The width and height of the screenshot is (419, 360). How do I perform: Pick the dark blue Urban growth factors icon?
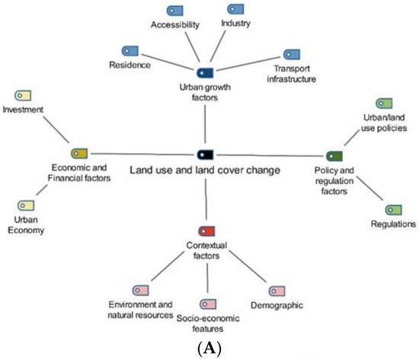pos(205,73)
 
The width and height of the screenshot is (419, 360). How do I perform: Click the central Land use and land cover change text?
pos(205,169)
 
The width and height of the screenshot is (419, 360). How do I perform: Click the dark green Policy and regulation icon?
pos(334,155)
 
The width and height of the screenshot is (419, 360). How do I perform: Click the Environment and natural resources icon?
pos(140,291)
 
